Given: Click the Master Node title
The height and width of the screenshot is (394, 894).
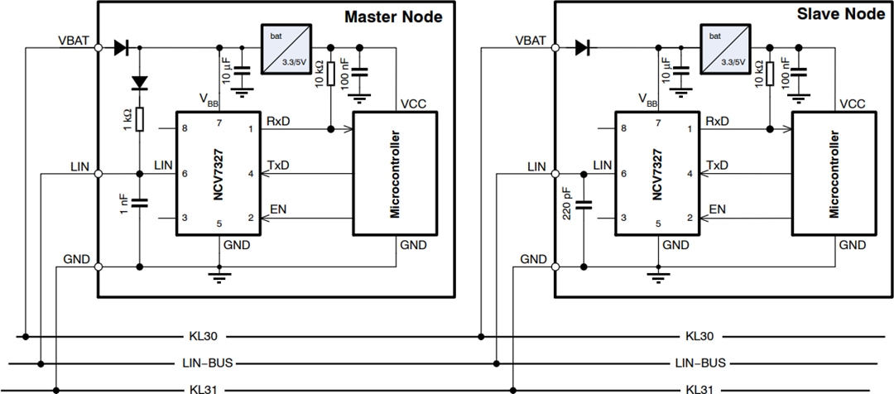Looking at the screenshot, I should click(392, 17).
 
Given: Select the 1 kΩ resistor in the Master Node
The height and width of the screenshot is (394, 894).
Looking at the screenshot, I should click(139, 119).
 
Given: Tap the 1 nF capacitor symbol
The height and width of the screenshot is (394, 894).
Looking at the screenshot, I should click(139, 201).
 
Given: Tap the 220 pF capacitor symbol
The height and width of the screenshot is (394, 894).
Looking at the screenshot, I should click(584, 204).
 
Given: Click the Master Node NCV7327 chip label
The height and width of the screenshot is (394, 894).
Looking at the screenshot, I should click(218, 174).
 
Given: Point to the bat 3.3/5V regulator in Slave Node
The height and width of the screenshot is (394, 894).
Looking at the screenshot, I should click(727, 46).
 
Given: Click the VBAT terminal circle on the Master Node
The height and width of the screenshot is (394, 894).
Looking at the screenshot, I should click(99, 48).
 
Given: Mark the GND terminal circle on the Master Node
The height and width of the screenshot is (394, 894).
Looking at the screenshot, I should click(99, 267).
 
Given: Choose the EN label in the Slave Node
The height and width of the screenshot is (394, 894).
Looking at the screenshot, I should click(718, 210).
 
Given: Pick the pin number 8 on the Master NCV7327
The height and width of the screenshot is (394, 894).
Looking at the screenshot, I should click(184, 129).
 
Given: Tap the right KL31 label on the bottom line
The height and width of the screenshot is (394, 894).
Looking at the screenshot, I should click(700, 389).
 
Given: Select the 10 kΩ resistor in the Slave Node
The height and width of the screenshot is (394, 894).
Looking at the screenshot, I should click(770, 74).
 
